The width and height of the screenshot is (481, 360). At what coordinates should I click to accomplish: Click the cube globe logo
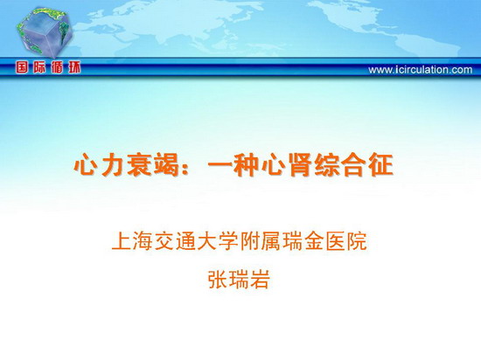point(45,33)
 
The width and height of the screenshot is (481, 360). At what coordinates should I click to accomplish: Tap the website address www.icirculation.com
point(421,70)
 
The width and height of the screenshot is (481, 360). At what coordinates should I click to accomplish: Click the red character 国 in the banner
point(22,67)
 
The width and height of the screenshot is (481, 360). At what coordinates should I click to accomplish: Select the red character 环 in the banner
point(74,67)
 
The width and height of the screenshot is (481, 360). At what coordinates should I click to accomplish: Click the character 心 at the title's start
point(85,165)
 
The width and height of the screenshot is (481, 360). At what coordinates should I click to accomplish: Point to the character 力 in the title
point(112,165)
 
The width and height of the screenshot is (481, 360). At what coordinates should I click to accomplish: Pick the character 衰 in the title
point(140,165)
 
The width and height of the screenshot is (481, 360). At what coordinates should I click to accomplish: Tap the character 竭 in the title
point(166,165)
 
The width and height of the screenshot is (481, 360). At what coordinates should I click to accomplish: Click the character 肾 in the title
point(301,165)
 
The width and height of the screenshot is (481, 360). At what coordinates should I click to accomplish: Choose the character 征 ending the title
point(381,165)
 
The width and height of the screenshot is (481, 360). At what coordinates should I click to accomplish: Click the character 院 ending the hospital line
point(357,241)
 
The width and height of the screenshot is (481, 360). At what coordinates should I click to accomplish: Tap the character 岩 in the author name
point(260,280)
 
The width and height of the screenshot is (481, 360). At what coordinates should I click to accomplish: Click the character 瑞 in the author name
point(240,280)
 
